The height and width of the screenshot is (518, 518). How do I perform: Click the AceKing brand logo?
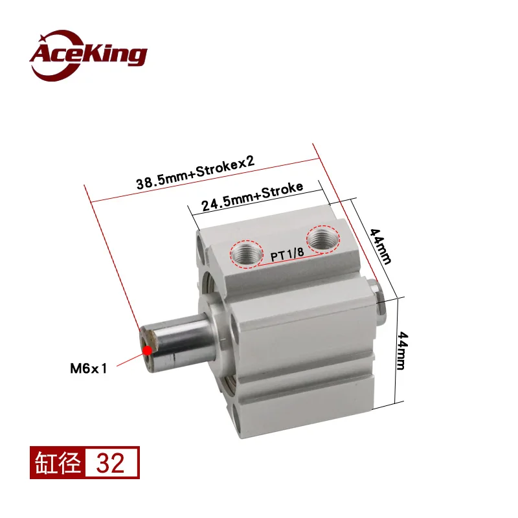pos(88,56)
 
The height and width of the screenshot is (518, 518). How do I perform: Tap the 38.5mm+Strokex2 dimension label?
pos(196,172)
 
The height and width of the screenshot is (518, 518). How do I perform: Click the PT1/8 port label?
pos(287,254)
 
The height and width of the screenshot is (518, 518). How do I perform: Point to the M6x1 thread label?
pos(89,368)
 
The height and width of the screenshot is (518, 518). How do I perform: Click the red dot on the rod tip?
pos(148,350)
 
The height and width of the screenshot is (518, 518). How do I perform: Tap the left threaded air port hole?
pos(247,253)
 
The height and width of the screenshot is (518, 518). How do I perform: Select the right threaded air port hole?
pos(322,239)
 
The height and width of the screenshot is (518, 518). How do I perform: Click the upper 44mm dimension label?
pos(380,246)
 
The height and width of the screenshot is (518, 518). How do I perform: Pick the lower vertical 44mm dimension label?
pos(403,350)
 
